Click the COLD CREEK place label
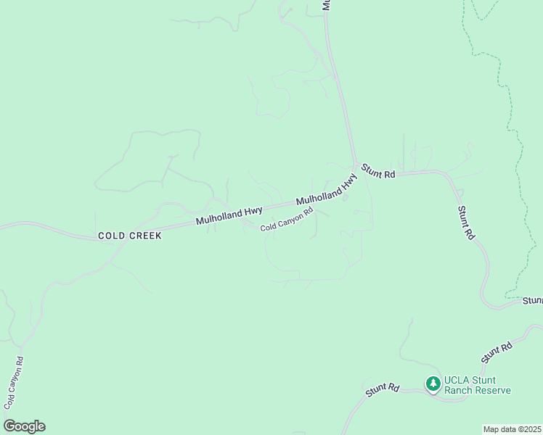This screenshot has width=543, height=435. (x=129, y=236)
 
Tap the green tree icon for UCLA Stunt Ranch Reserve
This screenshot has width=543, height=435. (x=433, y=383)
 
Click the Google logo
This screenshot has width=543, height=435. (x=24, y=426)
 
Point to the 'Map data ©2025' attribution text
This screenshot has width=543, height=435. (x=512, y=429)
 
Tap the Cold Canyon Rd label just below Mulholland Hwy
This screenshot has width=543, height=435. (x=287, y=220)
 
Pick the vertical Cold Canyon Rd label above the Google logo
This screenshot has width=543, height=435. (x=14, y=382)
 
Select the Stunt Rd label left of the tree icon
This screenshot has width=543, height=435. (x=383, y=389)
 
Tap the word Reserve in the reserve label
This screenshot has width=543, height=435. (x=493, y=390)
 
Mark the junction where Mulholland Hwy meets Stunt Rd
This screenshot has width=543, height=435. (x=356, y=166)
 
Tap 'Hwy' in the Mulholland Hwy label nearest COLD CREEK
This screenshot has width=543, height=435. (x=253, y=210)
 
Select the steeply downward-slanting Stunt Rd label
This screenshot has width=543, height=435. (x=466, y=223)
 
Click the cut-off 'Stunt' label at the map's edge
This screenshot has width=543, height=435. (x=533, y=300)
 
